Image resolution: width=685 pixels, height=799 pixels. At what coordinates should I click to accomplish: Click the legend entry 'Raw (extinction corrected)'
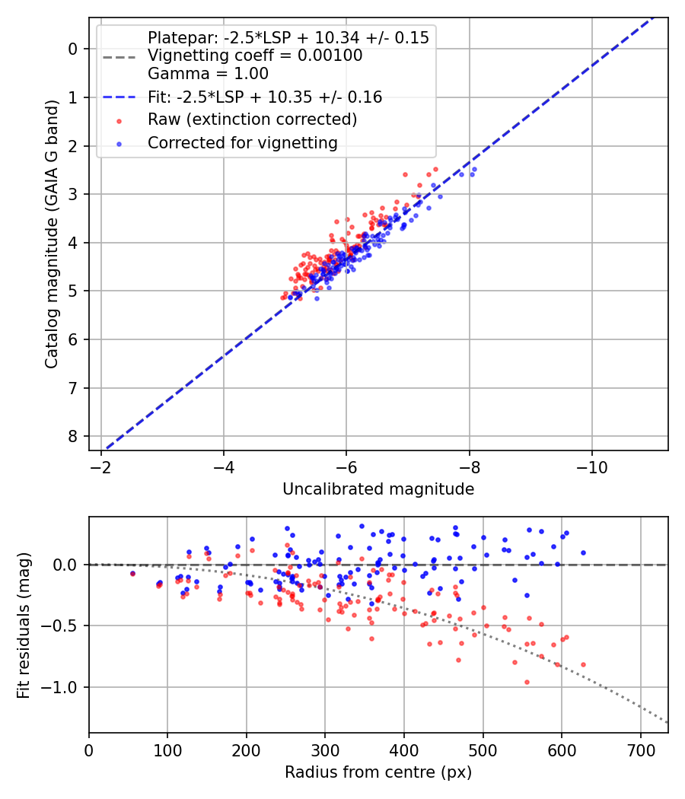click(x=252, y=119)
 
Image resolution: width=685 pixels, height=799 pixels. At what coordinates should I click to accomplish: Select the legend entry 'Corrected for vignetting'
click(x=242, y=142)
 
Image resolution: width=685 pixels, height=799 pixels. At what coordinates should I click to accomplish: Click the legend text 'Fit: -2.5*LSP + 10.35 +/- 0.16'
click(x=265, y=97)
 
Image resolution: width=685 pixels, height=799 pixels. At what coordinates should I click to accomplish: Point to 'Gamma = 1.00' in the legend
click(x=208, y=74)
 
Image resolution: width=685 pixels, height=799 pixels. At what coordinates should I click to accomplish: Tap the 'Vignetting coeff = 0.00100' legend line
click(x=255, y=56)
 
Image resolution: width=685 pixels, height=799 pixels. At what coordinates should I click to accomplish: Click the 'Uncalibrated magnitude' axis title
click(x=378, y=489)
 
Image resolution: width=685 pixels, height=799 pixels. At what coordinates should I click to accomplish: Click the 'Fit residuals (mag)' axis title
click(x=24, y=626)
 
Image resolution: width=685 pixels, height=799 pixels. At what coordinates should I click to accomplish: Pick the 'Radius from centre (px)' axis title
click(x=378, y=772)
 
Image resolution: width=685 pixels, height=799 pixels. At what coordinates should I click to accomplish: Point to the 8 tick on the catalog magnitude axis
click(x=73, y=436)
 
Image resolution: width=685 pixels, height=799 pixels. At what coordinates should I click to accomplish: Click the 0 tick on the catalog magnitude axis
click(x=73, y=49)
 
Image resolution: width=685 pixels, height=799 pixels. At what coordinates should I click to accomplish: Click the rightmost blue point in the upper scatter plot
click(x=474, y=169)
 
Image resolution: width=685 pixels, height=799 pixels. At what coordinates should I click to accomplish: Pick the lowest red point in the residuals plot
click(x=527, y=682)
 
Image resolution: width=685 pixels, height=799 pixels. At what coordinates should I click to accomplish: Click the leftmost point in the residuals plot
click(x=132, y=573)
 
